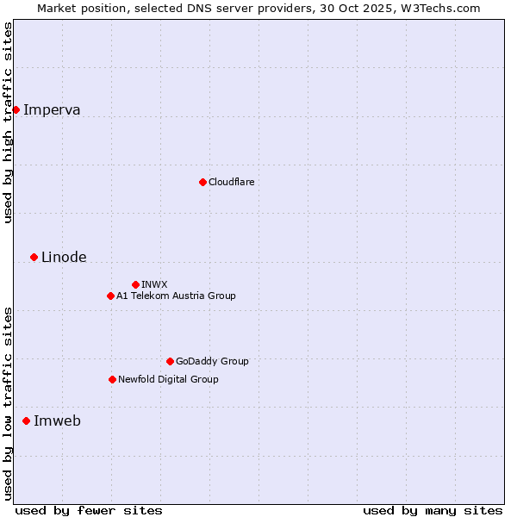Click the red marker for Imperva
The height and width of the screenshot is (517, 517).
click(x=16, y=109)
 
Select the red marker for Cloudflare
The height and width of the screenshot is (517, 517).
click(x=202, y=182)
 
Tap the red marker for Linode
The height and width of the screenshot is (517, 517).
click(x=34, y=257)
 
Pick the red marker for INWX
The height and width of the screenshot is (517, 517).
click(x=135, y=284)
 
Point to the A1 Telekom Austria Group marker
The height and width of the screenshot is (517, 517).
click(x=110, y=296)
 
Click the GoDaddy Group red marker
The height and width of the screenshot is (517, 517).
click(x=170, y=361)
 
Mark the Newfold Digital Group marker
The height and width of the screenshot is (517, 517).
click(x=112, y=379)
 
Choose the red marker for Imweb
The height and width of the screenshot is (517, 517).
click(x=26, y=420)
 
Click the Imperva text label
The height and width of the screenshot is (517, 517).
click(x=52, y=109)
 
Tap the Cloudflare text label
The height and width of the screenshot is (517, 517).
click(x=231, y=182)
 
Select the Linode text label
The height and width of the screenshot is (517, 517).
click(x=64, y=257)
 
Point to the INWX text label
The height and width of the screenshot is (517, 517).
click(x=154, y=284)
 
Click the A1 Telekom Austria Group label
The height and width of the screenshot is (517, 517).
click(x=176, y=296)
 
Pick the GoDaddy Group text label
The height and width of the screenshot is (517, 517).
click(x=212, y=361)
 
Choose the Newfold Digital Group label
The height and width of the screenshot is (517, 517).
click(x=168, y=379)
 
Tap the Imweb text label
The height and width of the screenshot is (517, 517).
click(x=57, y=420)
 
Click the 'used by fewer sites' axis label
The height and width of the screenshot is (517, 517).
click(x=89, y=510)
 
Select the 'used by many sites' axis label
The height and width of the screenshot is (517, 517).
click(x=433, y=510)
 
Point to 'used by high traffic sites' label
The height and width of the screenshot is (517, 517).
click(x=9, y=122)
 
